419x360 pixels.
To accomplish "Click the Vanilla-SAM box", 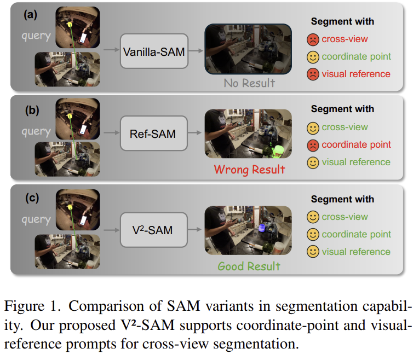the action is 154,51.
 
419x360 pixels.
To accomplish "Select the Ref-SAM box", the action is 154,133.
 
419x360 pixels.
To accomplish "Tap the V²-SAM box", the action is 154,230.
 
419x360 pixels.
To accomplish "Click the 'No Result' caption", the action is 249,83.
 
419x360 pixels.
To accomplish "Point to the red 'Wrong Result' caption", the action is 249,170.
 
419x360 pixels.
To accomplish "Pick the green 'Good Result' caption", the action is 249,266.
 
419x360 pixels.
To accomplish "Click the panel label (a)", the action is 30,14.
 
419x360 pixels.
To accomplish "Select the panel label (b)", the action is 32,110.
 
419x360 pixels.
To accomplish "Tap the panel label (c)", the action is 32,198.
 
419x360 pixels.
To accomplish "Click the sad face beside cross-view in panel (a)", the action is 313,39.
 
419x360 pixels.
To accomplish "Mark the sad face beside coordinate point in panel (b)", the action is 313,146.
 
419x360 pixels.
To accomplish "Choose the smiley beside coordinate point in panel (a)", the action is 313,57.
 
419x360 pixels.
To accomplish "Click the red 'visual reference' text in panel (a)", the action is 356,74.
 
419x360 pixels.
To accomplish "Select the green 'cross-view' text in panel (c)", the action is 345,217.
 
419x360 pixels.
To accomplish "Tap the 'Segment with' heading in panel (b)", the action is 342,109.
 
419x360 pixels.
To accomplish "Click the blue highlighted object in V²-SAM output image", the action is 262,228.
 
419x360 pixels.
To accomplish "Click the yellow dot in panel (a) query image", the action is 70,25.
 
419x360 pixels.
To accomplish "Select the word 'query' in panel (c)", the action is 36,219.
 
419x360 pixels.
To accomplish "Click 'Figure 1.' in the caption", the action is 33,306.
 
